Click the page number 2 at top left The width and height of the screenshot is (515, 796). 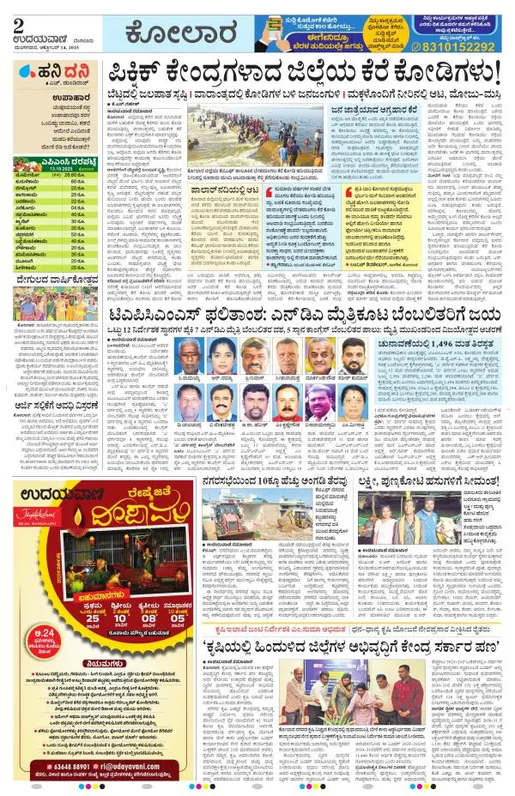(19, 23)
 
